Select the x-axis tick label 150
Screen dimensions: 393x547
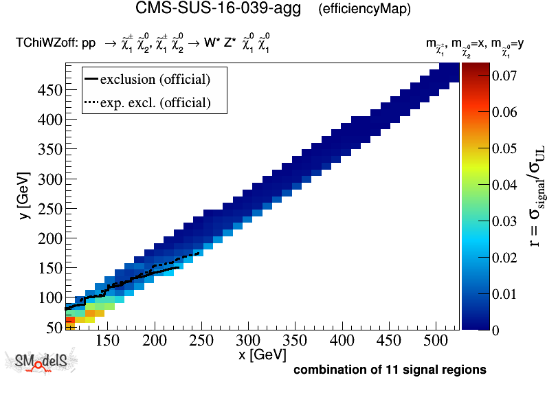pyautogui.click(x=107, y=341)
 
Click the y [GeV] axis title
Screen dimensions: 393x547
pyautogui.click(x=23, y=196)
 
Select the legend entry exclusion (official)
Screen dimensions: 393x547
pyautogui.click(x=155, y=79)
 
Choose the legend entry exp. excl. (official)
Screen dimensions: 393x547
pyautogui.click(x=155, y=103)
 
